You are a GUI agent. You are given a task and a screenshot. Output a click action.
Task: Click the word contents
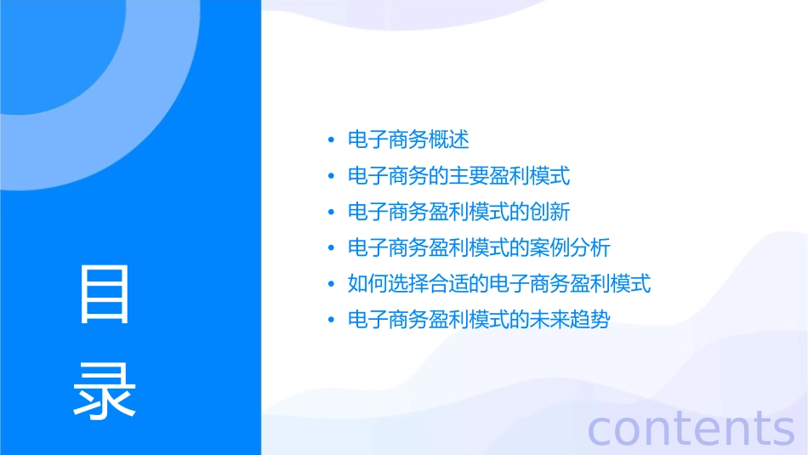pos(691,428)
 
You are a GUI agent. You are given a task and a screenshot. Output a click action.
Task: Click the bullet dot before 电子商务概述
pos(331,140)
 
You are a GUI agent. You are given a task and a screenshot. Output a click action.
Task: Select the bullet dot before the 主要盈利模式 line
pos(331,176)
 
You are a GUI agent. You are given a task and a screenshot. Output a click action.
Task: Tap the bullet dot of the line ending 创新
pos(331,212)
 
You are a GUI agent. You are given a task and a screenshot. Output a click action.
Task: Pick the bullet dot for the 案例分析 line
pos(331,248)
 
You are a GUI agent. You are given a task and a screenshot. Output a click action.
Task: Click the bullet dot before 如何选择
pos(331,284)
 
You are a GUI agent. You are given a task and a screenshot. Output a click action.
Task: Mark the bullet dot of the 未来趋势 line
pos(331,321)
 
